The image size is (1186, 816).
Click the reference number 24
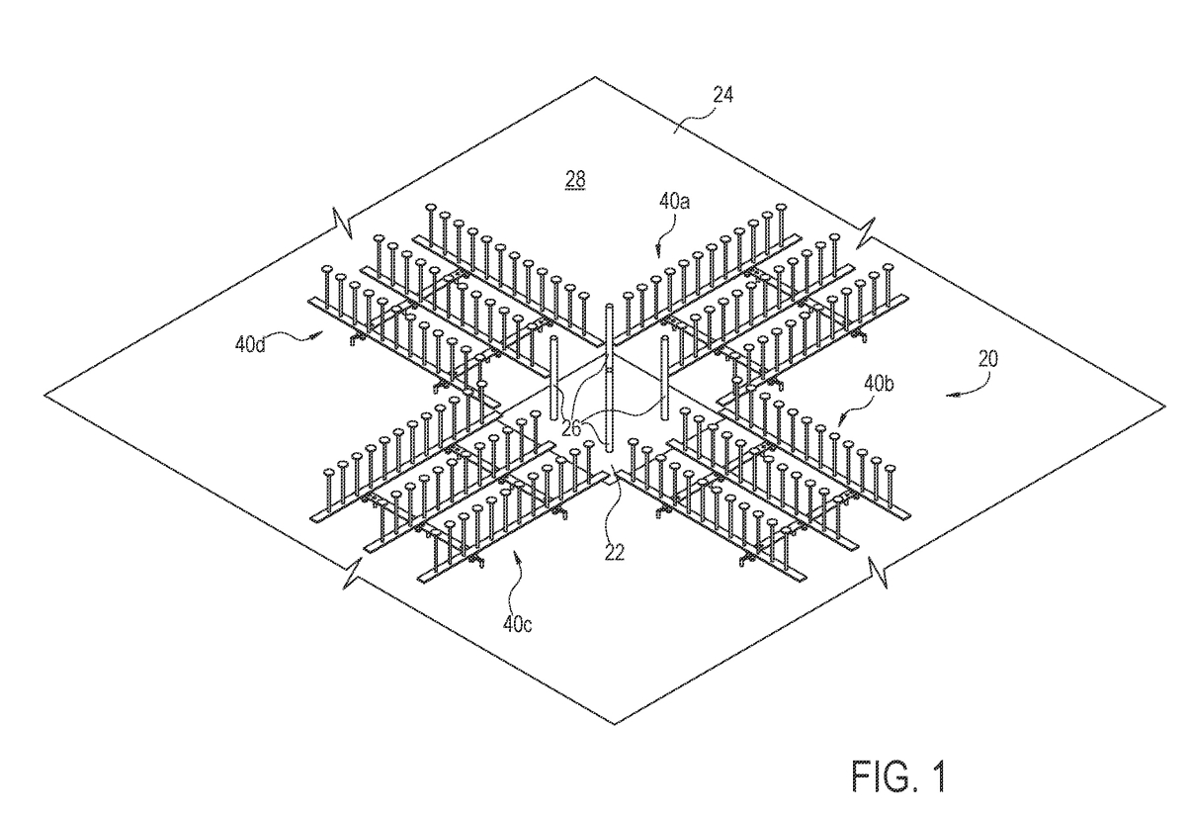(723, 95)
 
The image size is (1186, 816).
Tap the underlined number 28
(575, 180)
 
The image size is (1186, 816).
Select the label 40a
(674, 202)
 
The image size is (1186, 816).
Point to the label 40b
(879, 383)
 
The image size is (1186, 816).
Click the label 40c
(517, 625)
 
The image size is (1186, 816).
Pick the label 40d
(250, 345)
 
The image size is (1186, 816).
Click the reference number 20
(988, 359)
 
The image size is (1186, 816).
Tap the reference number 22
(614, 553)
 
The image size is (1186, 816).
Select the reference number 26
(571, 428)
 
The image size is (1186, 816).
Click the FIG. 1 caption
(898, 776)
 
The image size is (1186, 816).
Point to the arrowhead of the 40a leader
(658, 254)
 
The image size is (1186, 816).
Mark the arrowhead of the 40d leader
(319, 334)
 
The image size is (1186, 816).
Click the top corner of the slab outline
(595, 77)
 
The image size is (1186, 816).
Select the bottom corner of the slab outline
(614, 724)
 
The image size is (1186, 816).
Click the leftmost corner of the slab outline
(44, 395)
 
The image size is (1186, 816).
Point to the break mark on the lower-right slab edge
(878, 572)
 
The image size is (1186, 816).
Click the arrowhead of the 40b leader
(839, 424)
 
